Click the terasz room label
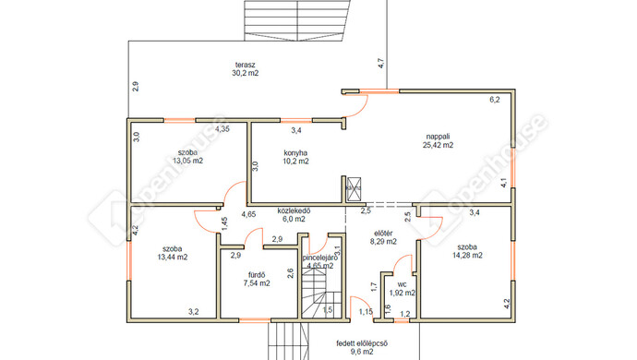[245, 65]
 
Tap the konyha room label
[295, 153]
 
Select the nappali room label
[438, 137]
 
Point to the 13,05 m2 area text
[187, 161]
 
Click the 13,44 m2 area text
[173, 257]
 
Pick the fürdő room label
[257, 275]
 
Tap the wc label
[403, 284]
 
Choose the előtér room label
[383, 234]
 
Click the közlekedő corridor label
[294, 210]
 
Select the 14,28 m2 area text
[467, 255]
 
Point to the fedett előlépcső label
[362, 343]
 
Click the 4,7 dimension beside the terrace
[381, 63]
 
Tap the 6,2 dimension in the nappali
[495, 100]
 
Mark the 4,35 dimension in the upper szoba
[222, 129]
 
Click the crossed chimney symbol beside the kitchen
[354, 189]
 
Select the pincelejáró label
[320, 258]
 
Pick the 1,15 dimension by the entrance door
[366, 312]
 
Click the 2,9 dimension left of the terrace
[136, 87]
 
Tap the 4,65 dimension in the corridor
[248, 214]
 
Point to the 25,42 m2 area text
[438, 145]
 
